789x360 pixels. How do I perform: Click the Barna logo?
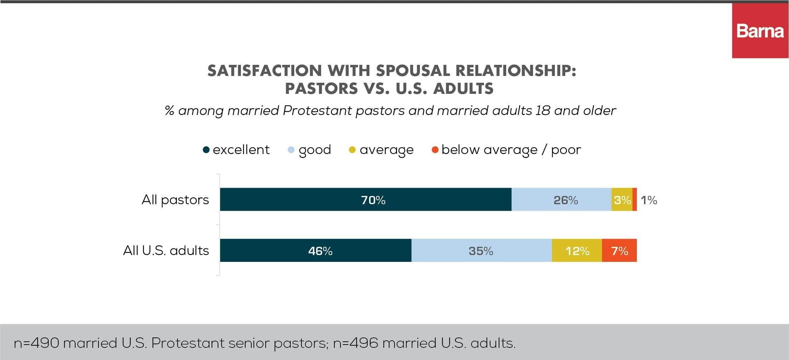pyautogui.click(x=760, y=31)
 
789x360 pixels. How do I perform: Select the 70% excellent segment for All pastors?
pyautogui.click(x=366, y=200)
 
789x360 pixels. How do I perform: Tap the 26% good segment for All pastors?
pyautogui.click(x=561, y=200)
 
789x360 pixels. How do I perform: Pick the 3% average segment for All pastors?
pyautogui.click(x=622, y=200)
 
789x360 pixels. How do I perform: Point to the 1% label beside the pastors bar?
pyautogui.click(x=649, y=200)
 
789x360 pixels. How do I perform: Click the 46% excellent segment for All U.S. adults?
pyautogui.click(x=315, y=250)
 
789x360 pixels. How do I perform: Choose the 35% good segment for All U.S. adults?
pyautogui.click(x=481, y=250)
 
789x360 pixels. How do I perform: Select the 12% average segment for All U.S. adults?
pyautogui.click(x=577, y=250)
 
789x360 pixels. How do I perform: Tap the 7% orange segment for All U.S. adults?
pyautogui.click(x=619, y=250)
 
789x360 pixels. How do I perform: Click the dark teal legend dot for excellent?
pyautogui.click(x=206, y=150)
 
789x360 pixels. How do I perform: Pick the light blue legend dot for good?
pyautogui.click(x=291, y=150)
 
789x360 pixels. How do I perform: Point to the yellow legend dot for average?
pyautogui.click(x=352, y=150)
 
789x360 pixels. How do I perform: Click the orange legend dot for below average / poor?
pyautogui.click(x=435, y=150)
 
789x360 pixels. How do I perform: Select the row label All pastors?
pyautogui.click(x=175, y=200)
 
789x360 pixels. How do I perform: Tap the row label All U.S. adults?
pyautogui.click(x=166, y=250)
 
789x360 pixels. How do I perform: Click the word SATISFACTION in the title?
pyautogui.click(x=265, y=71)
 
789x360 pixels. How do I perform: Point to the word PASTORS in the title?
pyautogui.click(x=316, y=88)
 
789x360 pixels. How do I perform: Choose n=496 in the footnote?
pyautogui.click(x=355, y=343)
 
